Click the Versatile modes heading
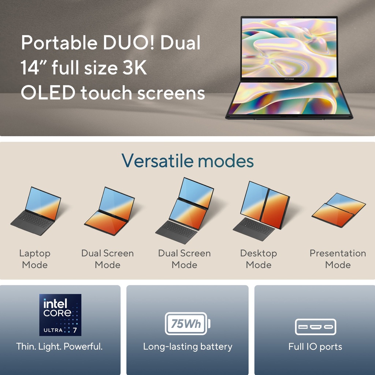(187, 160)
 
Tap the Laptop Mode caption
(35, 259)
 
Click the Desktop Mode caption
(259, 259)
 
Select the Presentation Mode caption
(338, 259)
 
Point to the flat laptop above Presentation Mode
(338, 210)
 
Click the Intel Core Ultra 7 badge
(60, 315)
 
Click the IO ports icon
(315, 327)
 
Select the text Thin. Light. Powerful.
(59, 346)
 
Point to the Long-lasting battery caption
(187, 346)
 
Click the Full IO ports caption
(315, 346)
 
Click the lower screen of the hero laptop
(289, 98)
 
